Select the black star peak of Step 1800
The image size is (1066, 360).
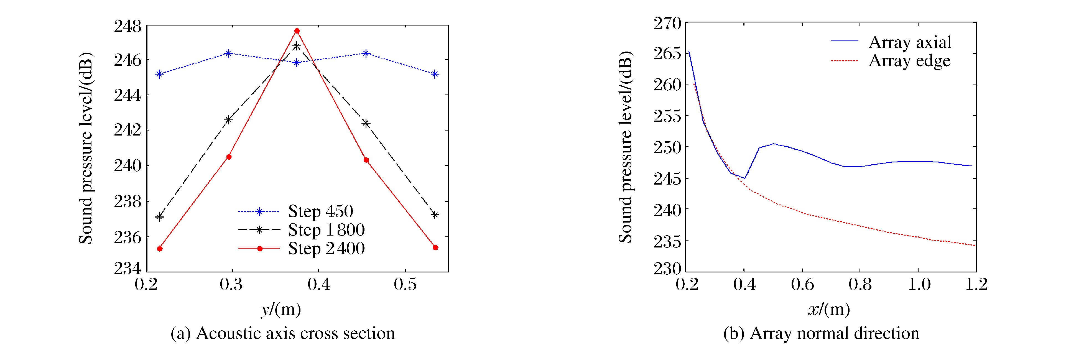point(297,46)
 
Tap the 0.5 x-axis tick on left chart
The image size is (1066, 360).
point(405,284)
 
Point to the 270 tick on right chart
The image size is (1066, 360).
point(667,23)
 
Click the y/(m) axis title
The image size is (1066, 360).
point(281,309)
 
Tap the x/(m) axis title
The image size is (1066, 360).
point(828,309)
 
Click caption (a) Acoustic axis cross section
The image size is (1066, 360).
point(283,333)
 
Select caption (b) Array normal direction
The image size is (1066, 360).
point(821,333)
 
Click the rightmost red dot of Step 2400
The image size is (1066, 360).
point(435,247)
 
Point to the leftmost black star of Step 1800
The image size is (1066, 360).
point(159,217)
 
